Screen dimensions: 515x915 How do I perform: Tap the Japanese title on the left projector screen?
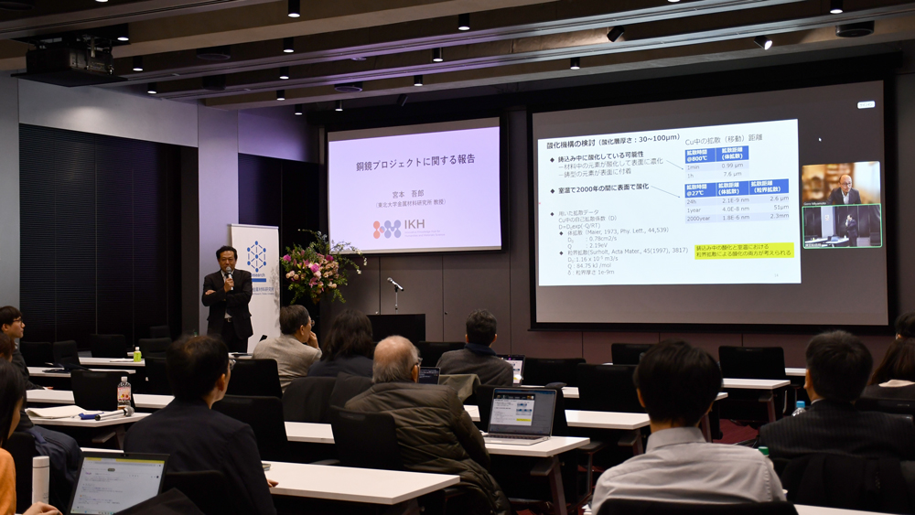pyautogui.click(x=415, y=159)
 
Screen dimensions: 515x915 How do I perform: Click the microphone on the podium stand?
pyautogui.click(x=394, y=284)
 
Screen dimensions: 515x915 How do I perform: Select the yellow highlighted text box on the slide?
pyautogui.click(x=744, y=249)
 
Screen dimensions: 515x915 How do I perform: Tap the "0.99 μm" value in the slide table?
pyautogui.click(x=732, y=166)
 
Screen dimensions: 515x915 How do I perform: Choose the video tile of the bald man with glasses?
pyautogui.click(x=844, y=184)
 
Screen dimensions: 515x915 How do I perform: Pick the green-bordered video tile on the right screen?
pyautogui.click(x=842, y=226)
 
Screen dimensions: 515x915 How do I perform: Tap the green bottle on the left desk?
pyautogui.click(x=137, y=354)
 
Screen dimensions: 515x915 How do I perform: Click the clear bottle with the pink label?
pyautogui.click(x=124, y=392)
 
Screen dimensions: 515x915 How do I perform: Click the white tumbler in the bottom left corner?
pyautogui.click(x=40, y=477)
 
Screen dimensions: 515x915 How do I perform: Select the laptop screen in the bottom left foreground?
pyautogui.click(x=115, y=485)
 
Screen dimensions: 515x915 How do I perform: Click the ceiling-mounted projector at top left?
pyautogui.click(x=70, y=60)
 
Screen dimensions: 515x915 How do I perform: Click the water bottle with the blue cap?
pyautogui.click(x=799, y=407)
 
